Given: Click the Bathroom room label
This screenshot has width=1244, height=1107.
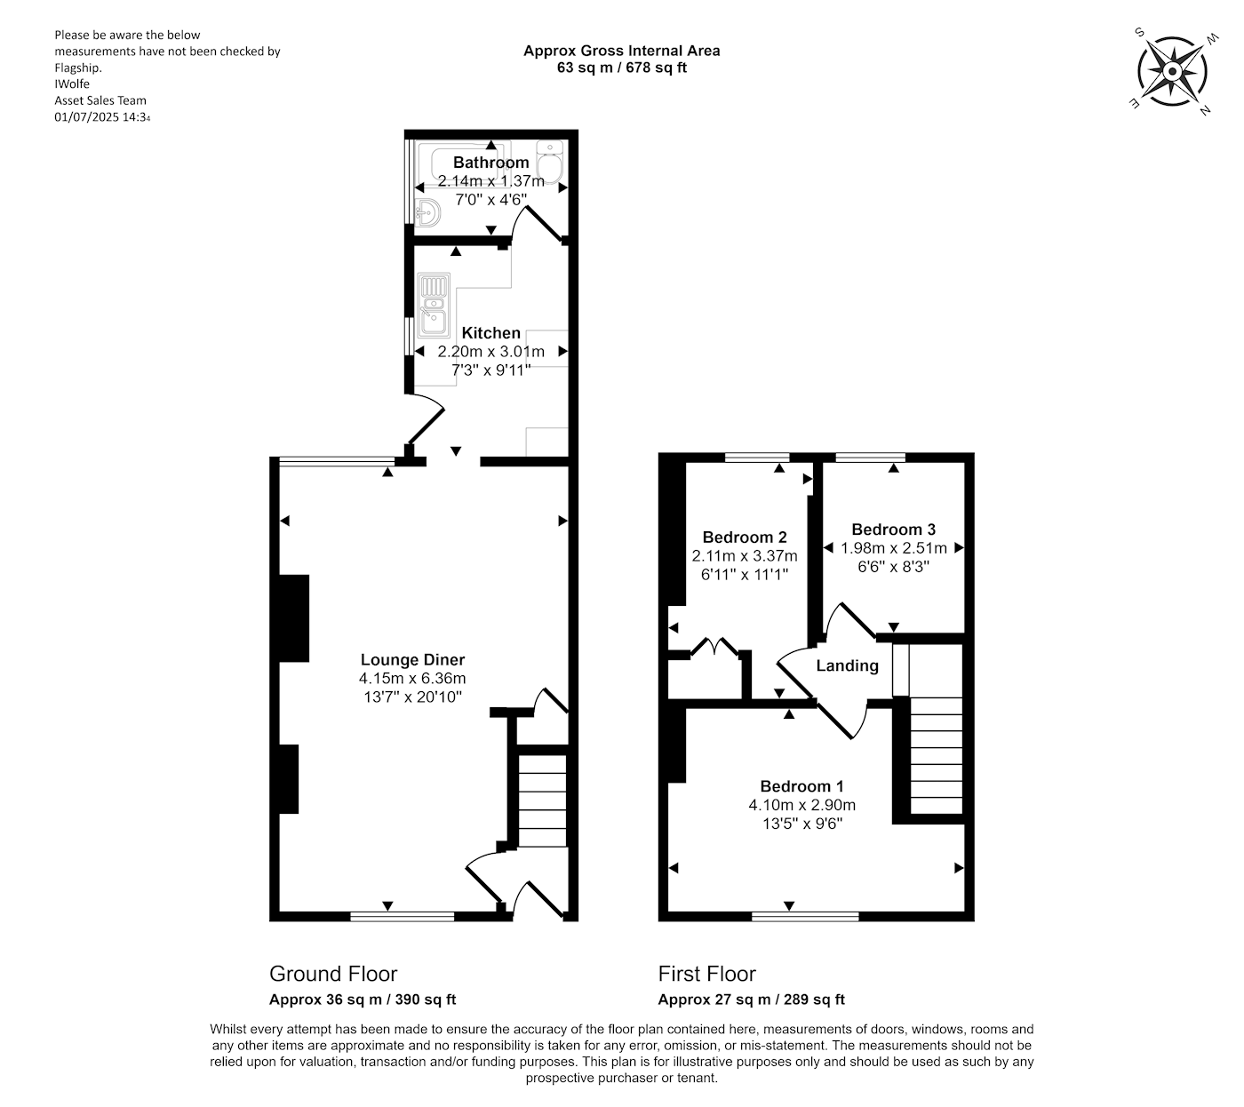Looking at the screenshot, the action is click(490, 162).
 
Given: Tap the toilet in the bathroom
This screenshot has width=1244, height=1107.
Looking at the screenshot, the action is click(548, 162).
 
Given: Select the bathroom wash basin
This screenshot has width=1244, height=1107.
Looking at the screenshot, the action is click(427, 213).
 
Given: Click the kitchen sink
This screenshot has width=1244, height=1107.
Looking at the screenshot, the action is click(433, 305).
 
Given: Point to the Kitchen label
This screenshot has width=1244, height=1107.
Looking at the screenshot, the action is click(490, 333).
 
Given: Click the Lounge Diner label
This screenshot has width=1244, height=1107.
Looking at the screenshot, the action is click(412, 659).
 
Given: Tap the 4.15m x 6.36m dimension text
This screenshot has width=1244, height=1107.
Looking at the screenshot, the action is click(412, 679).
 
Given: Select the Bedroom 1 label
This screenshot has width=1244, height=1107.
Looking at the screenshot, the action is click(801, 786).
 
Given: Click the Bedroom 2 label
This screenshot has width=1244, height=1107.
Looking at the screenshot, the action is click(745, 538).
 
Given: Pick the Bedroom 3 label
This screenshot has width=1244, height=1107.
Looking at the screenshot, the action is click(893, 530).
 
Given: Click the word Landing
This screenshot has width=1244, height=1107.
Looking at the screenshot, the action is click(847, 665).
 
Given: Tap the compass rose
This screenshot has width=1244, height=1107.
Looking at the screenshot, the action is click(1172, 73).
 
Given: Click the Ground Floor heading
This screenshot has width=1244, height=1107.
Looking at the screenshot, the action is click(333, 974).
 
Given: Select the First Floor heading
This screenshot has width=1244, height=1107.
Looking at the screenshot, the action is click(706, 974).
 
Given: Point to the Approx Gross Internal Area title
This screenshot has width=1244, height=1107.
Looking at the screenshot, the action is click(621, 51).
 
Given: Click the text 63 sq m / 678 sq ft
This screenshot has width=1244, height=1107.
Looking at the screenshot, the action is click(621, 68).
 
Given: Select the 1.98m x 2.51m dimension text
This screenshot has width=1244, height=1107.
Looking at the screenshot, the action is click(893, 547).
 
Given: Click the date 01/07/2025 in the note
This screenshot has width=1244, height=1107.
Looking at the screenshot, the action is click(86, 116).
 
